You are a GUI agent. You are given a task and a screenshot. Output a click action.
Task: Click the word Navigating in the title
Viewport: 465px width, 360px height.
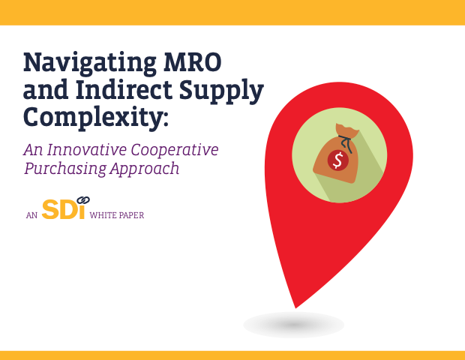[x=89, y=64]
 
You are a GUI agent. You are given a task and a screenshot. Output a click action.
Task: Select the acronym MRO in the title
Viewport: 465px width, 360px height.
[x=193, y=61]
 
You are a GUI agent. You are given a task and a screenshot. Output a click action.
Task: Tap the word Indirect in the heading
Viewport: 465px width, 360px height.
[x=124, y=89]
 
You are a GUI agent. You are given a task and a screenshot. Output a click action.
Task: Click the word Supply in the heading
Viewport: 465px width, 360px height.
[x=221, y=91]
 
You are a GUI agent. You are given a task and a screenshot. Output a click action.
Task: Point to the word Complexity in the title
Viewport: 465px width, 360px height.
[x=92, y=118]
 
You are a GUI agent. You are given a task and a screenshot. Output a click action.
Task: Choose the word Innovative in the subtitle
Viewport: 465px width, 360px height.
[x=87, y=149]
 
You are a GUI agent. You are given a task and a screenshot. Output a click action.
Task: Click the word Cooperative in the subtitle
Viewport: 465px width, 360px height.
[x=175, y=151]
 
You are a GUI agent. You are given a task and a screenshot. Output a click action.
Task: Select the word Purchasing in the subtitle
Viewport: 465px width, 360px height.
[x=65, y=169]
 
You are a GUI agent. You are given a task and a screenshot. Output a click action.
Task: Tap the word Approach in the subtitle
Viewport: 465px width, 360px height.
[x=145, y=169]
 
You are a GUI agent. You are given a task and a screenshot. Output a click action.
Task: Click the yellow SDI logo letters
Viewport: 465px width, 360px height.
[x=63, y=209]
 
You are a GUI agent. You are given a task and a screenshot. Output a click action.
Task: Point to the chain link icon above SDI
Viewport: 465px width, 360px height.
[x=83, y=200]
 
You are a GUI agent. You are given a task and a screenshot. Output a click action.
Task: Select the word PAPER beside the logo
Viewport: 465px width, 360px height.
[x=130, y=215]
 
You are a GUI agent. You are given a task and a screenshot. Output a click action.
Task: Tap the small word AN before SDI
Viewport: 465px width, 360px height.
[x=31, y=215]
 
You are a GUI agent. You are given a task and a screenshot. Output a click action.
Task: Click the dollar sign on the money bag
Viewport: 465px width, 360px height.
[x=337, y=160]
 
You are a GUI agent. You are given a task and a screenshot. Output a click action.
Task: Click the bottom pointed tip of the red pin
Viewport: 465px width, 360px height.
[x=295, y=307]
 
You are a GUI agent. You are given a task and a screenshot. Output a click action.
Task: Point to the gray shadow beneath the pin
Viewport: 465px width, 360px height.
[x=293, y=325]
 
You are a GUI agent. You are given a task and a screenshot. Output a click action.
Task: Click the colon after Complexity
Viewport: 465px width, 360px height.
[x=165, y=120]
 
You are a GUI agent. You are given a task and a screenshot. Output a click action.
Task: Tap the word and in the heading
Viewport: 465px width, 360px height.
[x=46, y=89]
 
